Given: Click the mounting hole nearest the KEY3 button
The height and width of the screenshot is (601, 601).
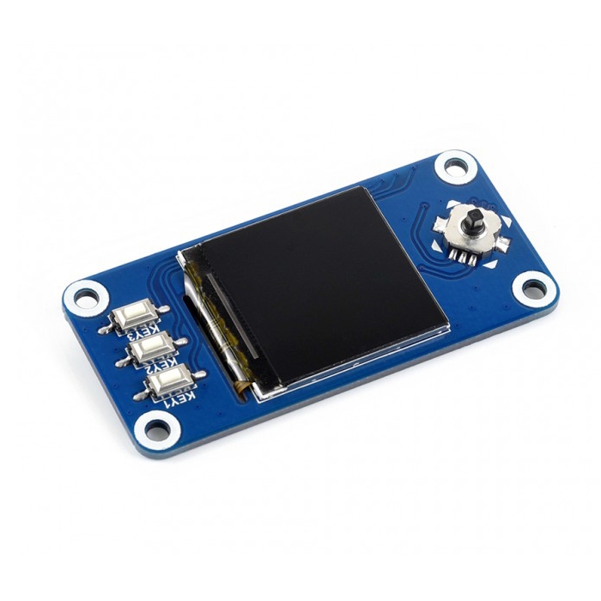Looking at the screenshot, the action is [x=86, y=297].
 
